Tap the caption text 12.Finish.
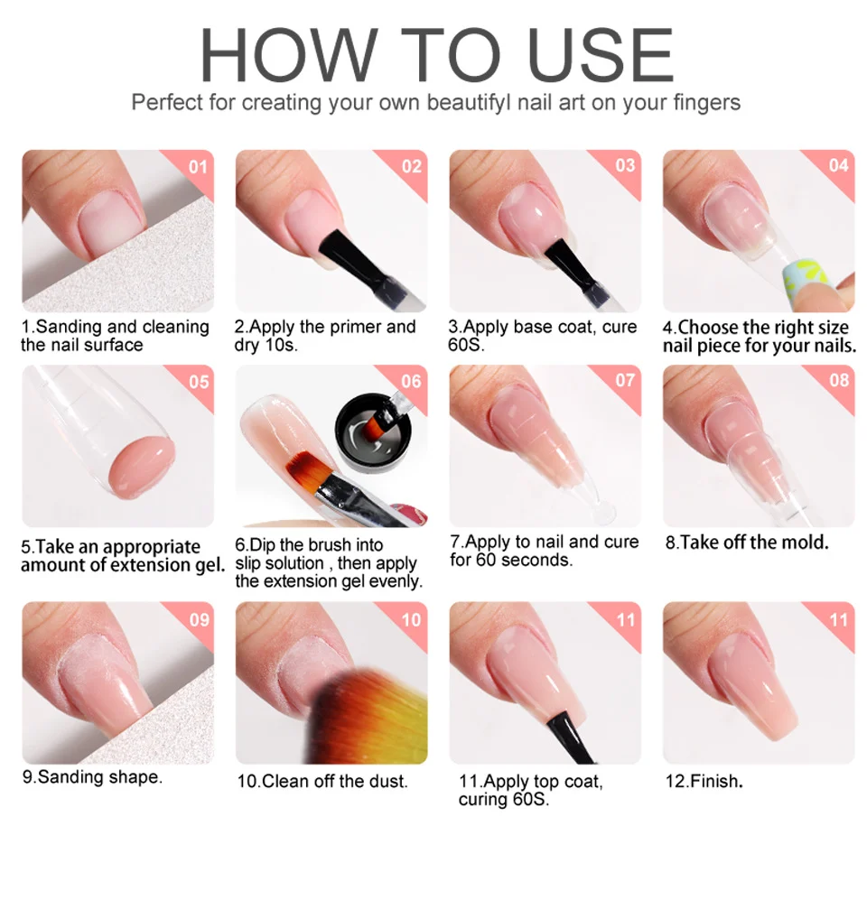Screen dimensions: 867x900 click(x=704, y=781)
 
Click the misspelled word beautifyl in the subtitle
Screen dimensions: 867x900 click(x=469, y=103)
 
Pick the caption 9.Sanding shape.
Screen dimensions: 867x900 click(x=92, y=777)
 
